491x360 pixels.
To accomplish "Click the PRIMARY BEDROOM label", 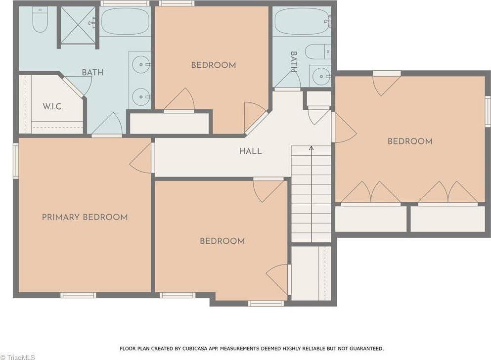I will coord(85,217).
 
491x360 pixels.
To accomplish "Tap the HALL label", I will coord(251,151).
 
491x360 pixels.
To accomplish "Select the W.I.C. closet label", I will coord(53,106).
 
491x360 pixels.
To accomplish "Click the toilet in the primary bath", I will coord(39,20).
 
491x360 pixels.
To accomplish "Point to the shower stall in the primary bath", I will coord(78,25).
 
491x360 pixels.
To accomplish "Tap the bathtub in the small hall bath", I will coord(301,21).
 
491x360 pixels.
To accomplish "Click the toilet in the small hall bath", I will coord(316,51).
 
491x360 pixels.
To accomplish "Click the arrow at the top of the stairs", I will coord(311,147).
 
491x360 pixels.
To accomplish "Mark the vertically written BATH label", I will coord(294,62).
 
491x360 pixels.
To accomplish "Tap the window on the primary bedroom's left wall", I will coord(16,160).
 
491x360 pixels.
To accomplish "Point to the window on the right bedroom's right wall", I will coord(487,112).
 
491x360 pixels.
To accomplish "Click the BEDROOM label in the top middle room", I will coord(214,65).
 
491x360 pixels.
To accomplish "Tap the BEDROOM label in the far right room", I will coord(410,141).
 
